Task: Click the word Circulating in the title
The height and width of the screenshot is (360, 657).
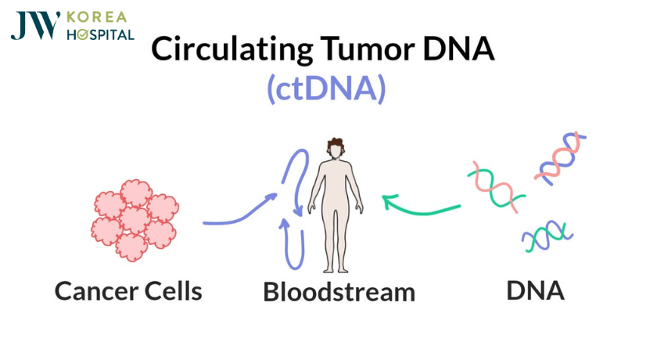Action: click(x=232, y=49)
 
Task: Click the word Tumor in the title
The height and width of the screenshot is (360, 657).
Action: click(x=367, y=49)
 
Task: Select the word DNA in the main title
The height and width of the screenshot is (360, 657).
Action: click(x=459, y=49)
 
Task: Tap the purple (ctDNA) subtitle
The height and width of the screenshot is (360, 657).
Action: click(x=326, y=88)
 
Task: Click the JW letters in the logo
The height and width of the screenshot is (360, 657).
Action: click(x=35, y=26)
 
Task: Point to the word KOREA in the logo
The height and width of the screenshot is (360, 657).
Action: click(x=96, y=17)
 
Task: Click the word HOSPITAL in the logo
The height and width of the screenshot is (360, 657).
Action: click(x=101, y=34)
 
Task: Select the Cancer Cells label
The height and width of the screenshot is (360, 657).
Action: click(x=128, y=291)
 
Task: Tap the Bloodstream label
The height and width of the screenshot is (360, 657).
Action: click(x=339, y=292)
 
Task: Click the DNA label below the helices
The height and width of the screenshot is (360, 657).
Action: click(x=535, y=290)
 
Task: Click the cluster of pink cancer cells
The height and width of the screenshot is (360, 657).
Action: click(x=135, y=220)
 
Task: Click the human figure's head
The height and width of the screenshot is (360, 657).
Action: click(x=336, y=149)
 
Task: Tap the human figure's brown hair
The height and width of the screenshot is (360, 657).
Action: click(x=336, y=143)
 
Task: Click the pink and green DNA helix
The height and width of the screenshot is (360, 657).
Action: click(x=496, y=185)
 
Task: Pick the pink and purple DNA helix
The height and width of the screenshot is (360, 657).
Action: click(x=560, y=158)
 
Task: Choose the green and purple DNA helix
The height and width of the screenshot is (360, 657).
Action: click(x=547, y=236)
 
